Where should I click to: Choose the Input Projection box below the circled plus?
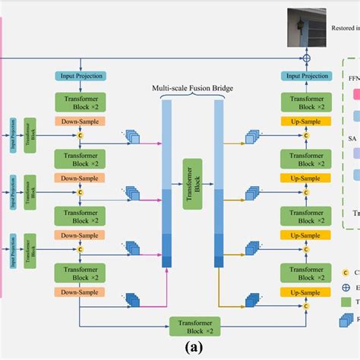click(306, 76)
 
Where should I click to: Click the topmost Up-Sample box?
click(306, 121)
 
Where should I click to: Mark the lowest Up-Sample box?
click(306, 292)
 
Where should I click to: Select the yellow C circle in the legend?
click(346, 271)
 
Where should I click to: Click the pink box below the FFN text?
click(355, 94)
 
